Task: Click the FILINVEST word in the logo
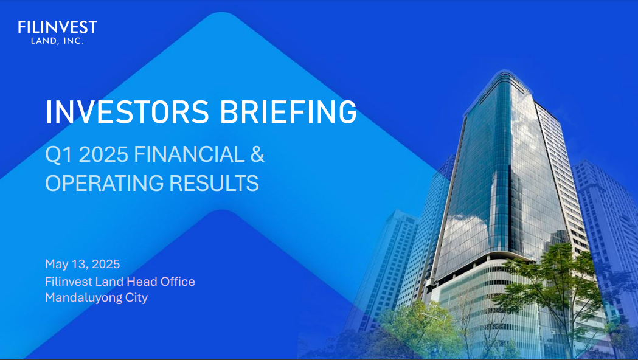click(57, 27)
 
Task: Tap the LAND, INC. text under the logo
click(57, 41)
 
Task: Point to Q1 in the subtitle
click(58, 155)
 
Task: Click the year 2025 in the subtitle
click(103, 155)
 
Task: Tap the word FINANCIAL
click(188, 155)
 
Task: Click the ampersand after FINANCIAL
click(257, 155)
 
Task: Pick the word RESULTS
click(216, 183)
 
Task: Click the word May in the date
click(56, 265)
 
